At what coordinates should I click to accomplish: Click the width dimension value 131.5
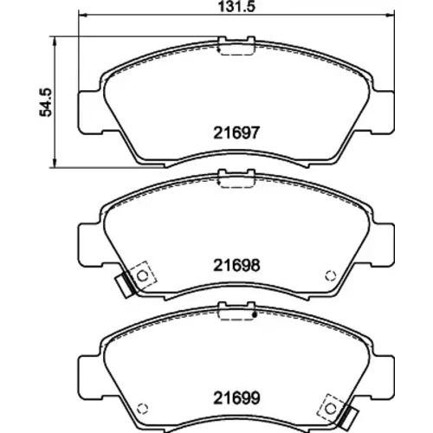pos(236,6)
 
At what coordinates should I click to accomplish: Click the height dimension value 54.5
pos(46,102)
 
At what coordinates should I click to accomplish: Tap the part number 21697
pos(236,133)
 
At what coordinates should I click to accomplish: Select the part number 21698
pos(236,265)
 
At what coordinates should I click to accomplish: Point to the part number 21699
pos(236,398)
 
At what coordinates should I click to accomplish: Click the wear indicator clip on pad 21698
pos(125,286)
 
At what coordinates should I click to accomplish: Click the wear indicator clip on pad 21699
pos(348,418)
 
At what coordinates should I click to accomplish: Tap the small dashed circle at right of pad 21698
pos(331,276)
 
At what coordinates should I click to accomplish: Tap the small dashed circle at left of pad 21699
pos(142,409)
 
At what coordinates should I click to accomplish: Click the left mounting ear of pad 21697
pos(89,113)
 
